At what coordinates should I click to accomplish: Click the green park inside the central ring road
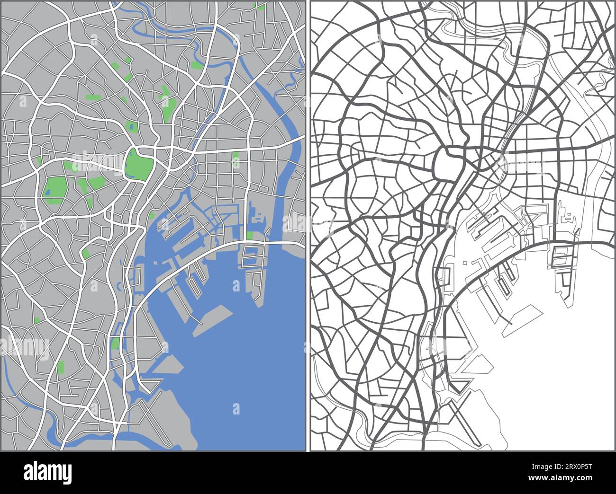138,164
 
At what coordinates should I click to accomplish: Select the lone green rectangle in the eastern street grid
236,159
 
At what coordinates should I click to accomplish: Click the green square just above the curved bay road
249,235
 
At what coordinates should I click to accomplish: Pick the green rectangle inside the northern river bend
196,65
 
